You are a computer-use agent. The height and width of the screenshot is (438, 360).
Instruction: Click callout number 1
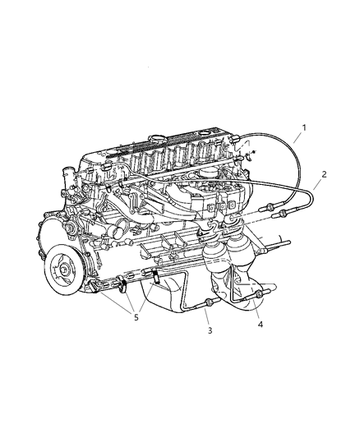click(304, 128)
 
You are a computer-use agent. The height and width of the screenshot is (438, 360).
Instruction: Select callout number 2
click(324, 174)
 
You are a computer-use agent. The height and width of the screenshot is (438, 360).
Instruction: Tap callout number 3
click(210, 330)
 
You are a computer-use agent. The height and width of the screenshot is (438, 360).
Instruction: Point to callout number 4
click(261, 325)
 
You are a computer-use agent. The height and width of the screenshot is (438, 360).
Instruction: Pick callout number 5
click(136, 317)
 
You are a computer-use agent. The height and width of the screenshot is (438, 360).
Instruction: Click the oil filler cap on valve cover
click(158, 139)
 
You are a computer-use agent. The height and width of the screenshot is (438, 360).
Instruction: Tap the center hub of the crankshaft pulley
click(64, 270)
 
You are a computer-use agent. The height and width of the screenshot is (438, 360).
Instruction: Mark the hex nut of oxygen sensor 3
click(208, 302)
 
